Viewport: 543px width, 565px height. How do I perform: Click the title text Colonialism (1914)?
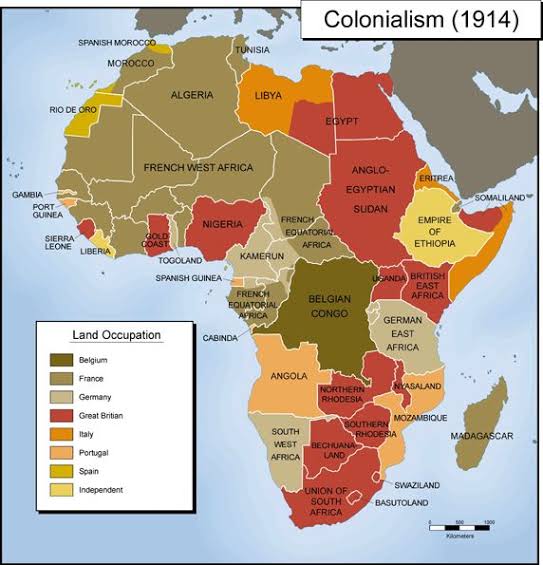[x=421, y=21]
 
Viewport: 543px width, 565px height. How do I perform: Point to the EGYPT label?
[x=342, y=121]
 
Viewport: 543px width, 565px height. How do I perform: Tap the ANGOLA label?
[x=288, y=376]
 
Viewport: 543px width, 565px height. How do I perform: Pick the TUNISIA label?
[x=252, y=49]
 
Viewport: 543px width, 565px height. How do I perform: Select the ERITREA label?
[x=436, y=178]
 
